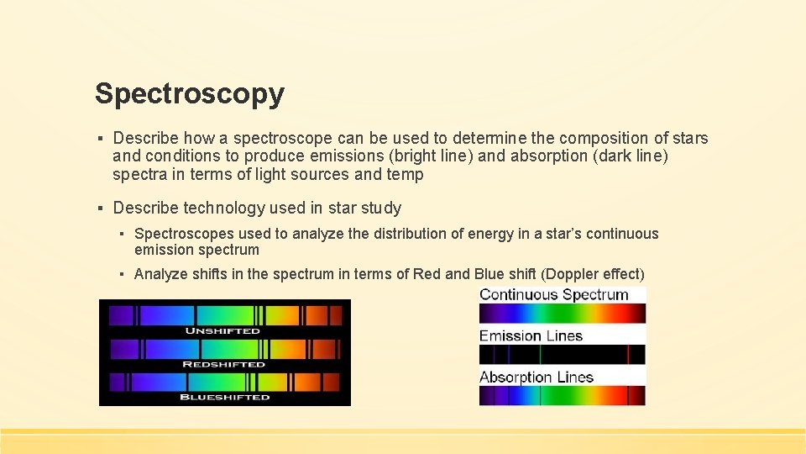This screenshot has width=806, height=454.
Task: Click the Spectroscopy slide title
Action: click(x=189, y=93)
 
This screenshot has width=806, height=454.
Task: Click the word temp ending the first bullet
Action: click(x=405, y=175)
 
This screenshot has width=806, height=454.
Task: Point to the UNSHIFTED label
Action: click(x=223, y=331)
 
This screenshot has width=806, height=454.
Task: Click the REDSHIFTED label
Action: click(x=223, y=364)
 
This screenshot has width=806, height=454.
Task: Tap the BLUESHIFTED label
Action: click(x=224, y=397)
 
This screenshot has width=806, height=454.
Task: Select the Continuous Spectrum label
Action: click(x=553, y=294)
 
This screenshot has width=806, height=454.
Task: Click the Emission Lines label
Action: click(x=531, y=335)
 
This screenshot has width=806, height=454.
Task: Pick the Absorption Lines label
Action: click(x=536, y=377)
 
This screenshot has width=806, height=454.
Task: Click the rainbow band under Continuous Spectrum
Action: click(x=562, y=313)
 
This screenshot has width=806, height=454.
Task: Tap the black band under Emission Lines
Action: click(x=562, y=354)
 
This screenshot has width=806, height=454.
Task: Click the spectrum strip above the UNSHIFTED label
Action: click(x=224, y=315)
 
